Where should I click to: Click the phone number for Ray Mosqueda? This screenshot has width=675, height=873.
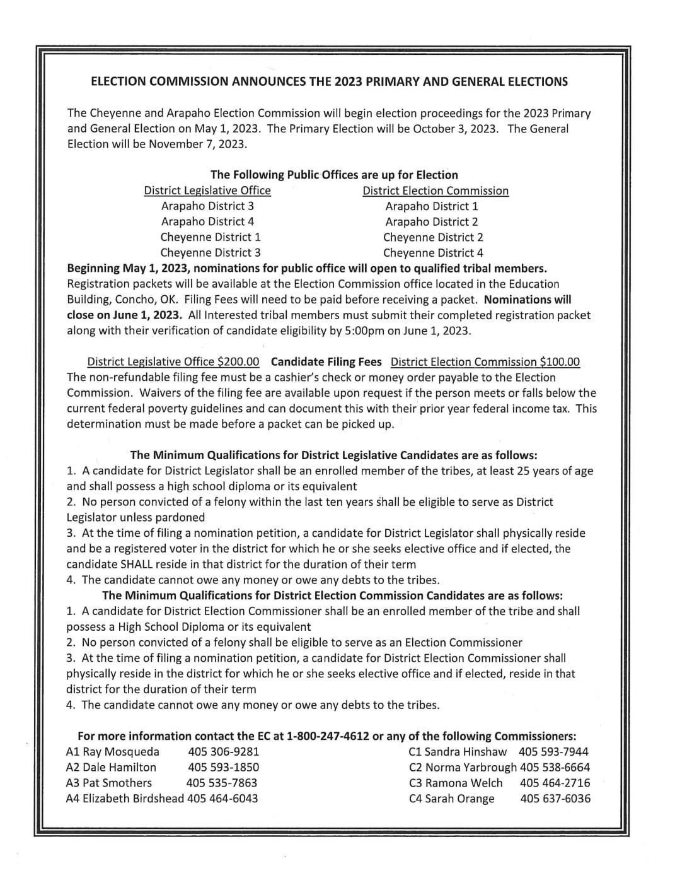[223, 751]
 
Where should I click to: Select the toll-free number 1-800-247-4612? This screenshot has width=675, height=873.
[328, 736]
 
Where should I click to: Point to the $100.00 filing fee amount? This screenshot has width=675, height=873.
[560, 362]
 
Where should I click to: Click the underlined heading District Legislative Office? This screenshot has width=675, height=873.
[207, 190]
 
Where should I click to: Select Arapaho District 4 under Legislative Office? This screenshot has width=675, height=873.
[207, 221]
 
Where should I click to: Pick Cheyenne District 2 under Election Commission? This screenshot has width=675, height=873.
[433, 237]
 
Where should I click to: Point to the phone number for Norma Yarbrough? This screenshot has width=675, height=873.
[555, 768]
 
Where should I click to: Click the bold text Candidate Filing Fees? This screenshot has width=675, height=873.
[326, 362]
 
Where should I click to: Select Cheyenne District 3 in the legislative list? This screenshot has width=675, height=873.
[211, 253]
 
